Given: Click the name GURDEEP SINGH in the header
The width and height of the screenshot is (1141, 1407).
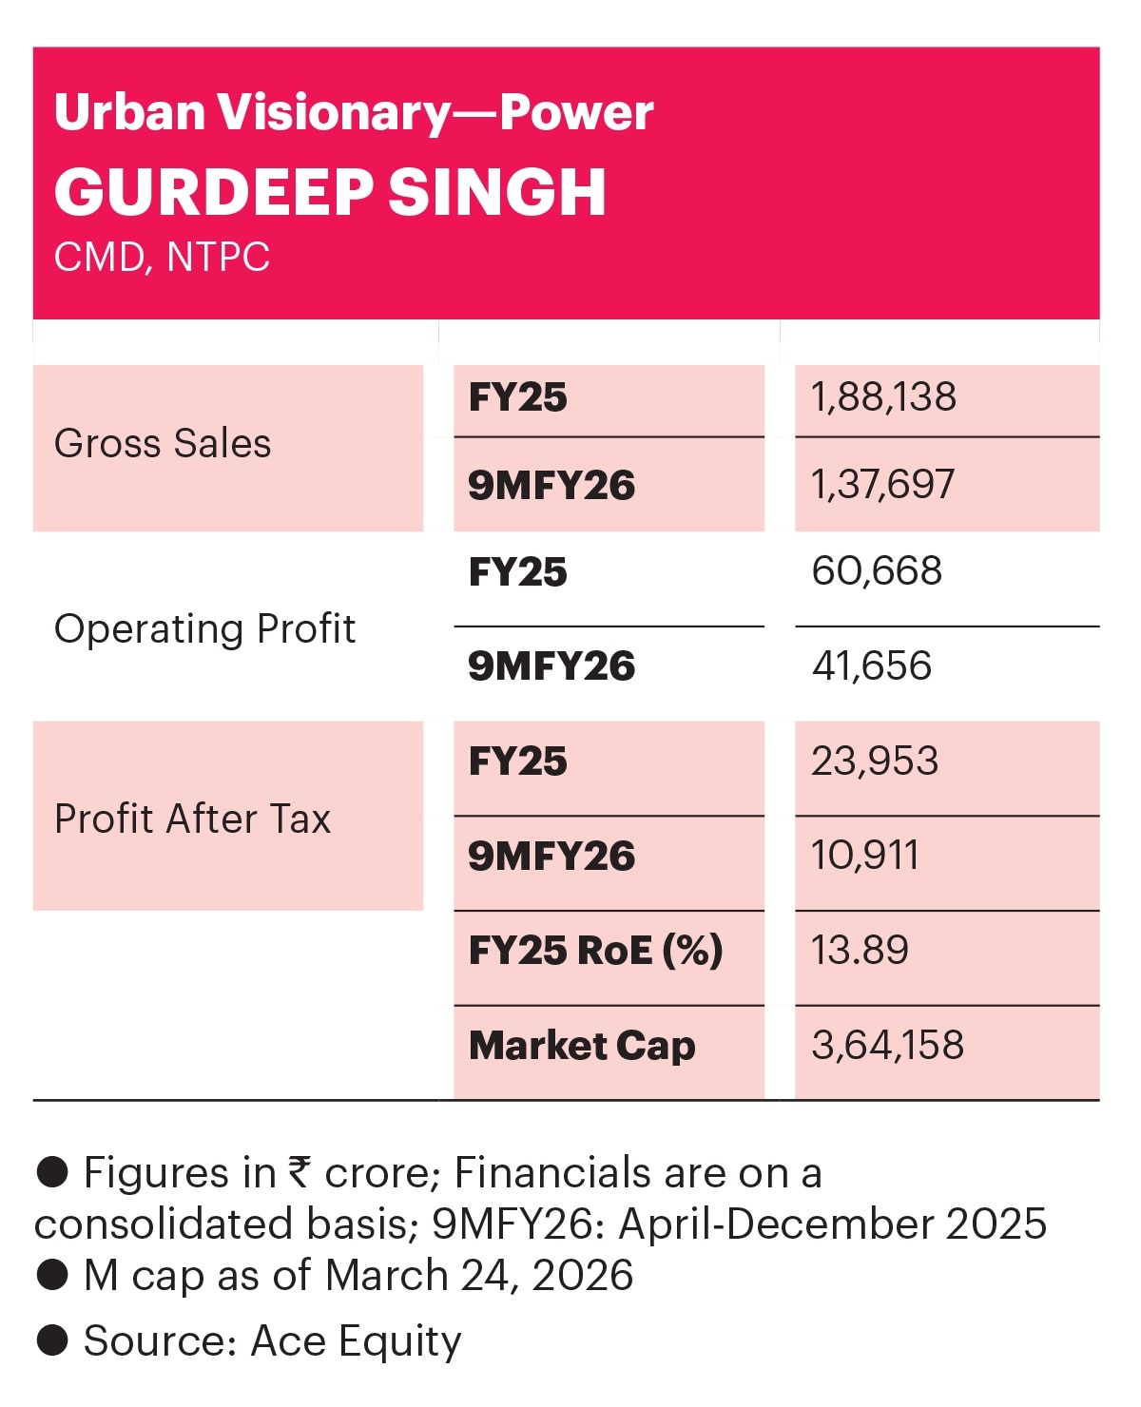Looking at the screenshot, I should (330, 192).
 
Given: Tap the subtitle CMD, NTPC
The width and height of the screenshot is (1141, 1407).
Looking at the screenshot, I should (162, 258).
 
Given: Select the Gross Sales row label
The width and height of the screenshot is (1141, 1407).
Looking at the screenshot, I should (163, 444).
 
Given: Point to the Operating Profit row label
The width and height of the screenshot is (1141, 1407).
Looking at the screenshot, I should (204, 629).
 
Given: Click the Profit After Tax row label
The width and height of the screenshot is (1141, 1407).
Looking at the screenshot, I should (192, 819).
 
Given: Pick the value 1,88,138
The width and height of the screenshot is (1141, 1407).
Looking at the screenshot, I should (883, 397).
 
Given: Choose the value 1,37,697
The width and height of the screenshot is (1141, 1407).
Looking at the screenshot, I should (882, 485).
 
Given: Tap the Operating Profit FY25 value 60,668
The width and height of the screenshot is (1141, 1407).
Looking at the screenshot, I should (877, 571).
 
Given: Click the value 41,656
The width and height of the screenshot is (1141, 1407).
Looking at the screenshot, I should (871, 666).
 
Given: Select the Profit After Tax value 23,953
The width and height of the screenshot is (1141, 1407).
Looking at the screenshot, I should (875, 761).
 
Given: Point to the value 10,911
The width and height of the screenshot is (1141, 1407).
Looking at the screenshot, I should (864, 856).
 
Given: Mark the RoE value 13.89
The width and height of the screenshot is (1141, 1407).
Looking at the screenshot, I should (860, 951).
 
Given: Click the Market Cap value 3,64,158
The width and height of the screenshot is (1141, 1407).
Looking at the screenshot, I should (887, 1046).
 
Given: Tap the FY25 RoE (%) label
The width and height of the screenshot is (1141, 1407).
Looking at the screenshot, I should (595, 951).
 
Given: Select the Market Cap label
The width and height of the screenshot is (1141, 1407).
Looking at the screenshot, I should (582, 1046).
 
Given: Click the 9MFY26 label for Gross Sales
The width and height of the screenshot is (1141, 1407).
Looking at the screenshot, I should (551, 486).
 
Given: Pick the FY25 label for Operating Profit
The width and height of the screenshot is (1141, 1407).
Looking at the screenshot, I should (518, 572).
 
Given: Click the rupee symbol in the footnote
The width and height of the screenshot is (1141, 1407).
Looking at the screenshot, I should (300, 1171).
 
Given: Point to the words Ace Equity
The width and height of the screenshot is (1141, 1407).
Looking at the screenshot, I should (356, 1340).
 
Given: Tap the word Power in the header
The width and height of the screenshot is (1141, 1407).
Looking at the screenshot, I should (576, 113).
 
